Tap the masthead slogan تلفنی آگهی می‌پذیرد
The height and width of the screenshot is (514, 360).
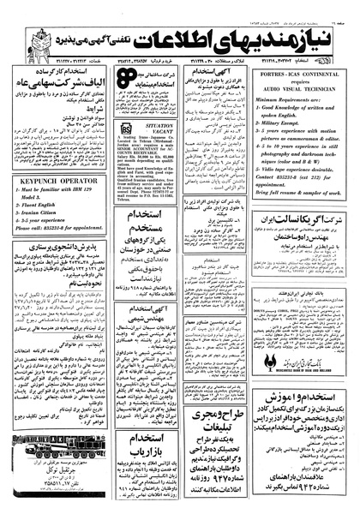pos(105,27)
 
